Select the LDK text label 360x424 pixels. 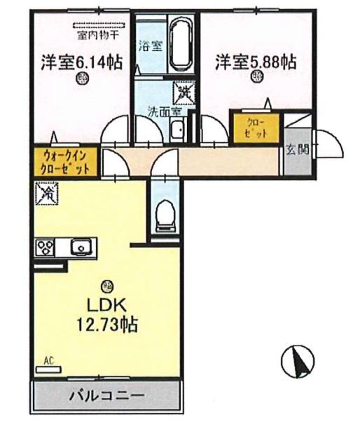click(106, 306)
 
